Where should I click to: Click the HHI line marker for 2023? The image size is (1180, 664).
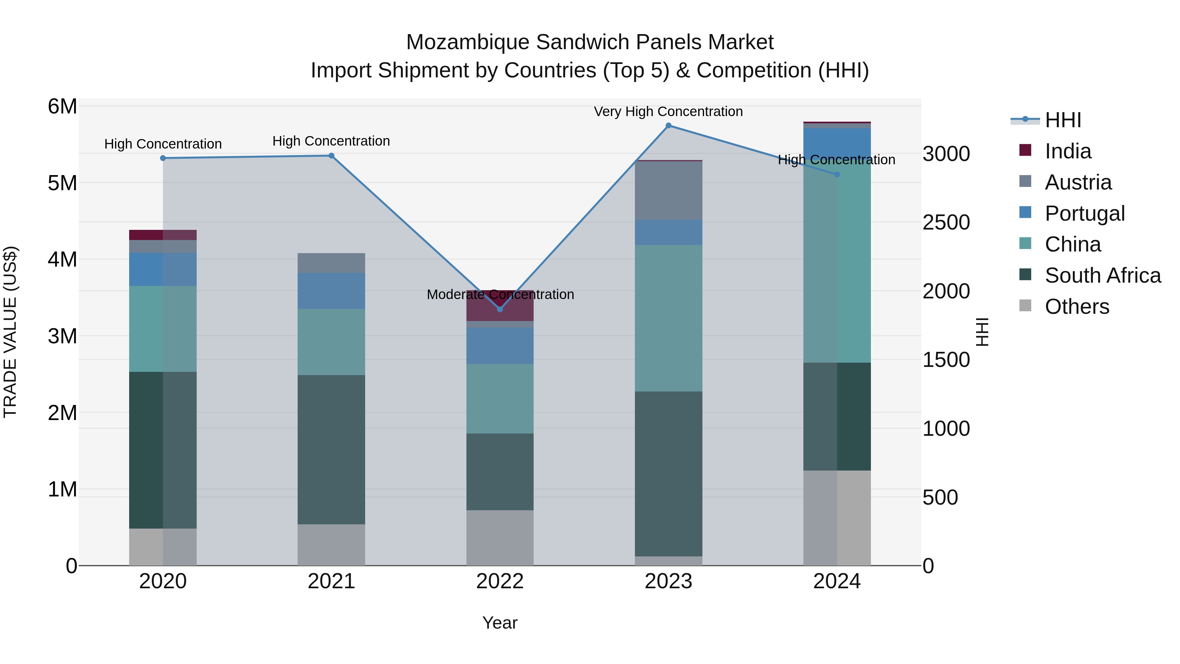[x=668, y=126]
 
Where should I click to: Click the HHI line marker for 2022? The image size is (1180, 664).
[x=500, y=309]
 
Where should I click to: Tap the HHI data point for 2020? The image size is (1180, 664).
[x=163, y=158]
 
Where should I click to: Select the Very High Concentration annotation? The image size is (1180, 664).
[x=668, y=112]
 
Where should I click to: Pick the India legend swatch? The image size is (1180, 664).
[x=1025, y=150]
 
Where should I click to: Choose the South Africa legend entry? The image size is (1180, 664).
[x=1103, y=275]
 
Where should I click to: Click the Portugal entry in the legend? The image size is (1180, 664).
[x=1084, y=213]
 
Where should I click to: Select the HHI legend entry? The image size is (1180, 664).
[x=1063, y=120]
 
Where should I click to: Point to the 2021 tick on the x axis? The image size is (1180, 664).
[x=331, y=581]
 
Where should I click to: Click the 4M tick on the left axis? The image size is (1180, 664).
[x=62, y=260]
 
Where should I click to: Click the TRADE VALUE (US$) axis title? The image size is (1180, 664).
[x=10, y=332]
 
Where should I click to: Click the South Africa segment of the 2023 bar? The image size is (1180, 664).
[x=668, y=473]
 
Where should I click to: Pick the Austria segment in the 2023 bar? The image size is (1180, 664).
[x=668, y=191]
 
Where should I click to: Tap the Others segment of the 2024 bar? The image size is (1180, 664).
[x=837, y=518]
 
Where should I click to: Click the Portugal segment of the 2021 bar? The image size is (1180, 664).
[x=331, y=291]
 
